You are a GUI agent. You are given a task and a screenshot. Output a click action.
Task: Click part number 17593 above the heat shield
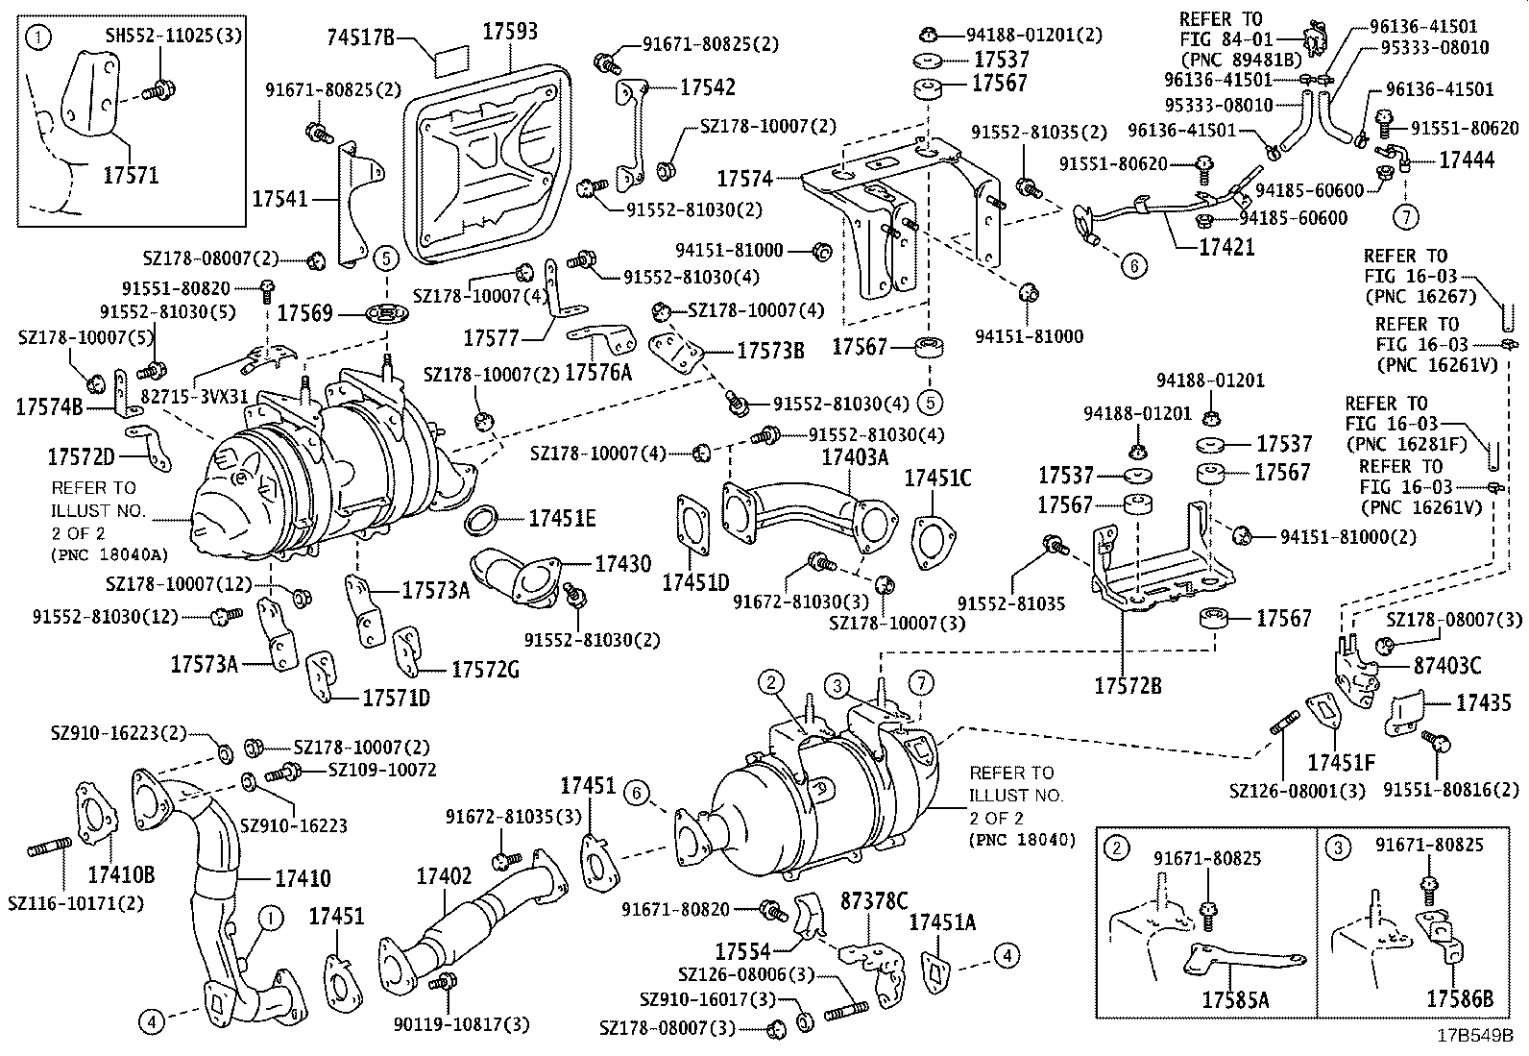click(x=509, y=31)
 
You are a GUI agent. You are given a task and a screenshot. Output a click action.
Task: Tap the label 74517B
click(x=361, y=37)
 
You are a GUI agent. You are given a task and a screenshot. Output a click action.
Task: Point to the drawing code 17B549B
click(x=1474, y=1037)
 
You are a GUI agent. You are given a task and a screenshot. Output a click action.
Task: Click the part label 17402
click(x=443, y=876)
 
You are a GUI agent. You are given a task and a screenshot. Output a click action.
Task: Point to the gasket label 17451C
click(x=938, y=478)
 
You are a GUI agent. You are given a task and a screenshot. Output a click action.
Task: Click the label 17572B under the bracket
click(x=1128, y=685)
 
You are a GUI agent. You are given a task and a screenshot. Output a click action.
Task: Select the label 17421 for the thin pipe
click(x=1226, y=247)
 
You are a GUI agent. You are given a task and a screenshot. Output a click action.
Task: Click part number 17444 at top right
click(x=1467, y=160)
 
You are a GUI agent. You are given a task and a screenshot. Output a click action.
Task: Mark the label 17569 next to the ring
click(x=305, y=312)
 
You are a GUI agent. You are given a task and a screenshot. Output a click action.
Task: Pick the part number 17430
click(x=621, y=564)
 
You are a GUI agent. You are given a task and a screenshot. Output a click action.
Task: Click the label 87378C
click(x=874, y=900)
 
